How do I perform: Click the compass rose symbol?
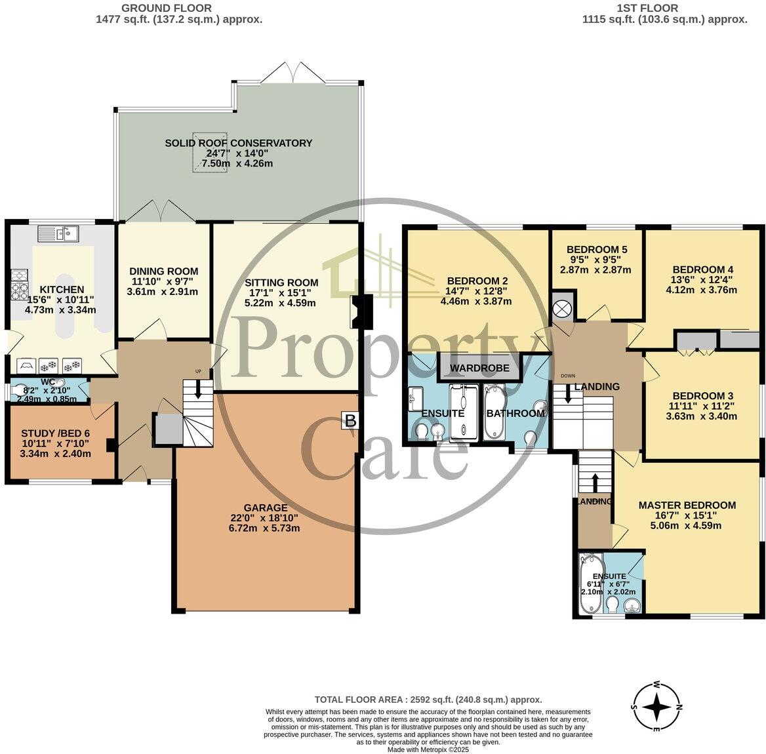tap(656, 707)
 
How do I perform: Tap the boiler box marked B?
tap(350, 420)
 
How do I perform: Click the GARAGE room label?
tap(266, 507)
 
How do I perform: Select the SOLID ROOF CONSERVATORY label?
tap(238, 143)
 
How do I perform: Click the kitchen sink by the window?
tap(58, 233)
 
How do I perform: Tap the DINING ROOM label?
tap(163, 271)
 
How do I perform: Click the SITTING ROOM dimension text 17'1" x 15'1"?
tap(270, 293)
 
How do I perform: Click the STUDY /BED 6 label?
tap(56, 433)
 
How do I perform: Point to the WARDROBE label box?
tap(479, 368)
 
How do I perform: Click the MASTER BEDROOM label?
tap(687, 505)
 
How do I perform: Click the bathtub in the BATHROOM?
tap(494, 413)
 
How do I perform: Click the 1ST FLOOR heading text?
tap(664, 8)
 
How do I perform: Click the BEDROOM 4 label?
tap(702, 269)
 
